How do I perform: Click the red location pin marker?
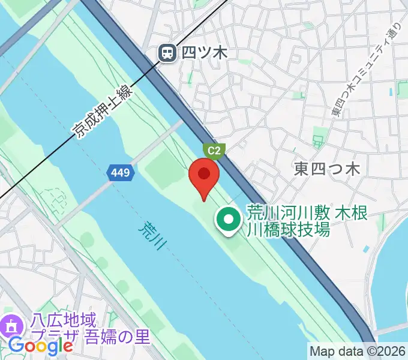[x=204, y=178]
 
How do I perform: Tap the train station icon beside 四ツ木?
[x=167, y=54]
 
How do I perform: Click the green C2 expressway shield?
[x=214, y=151]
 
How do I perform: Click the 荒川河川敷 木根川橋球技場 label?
[x=306, y=220]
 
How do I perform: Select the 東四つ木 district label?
[x=327, y=169]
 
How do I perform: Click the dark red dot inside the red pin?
[x=204, y=174]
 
